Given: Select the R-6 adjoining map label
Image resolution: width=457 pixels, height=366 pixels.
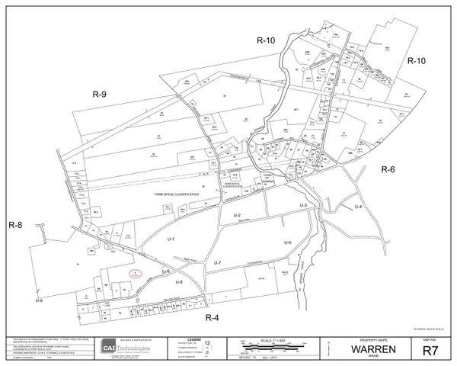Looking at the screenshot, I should click(389, 170).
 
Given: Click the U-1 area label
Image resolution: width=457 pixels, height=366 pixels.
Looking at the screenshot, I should click(171, 239).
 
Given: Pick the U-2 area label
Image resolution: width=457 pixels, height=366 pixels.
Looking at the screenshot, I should click(237, 217).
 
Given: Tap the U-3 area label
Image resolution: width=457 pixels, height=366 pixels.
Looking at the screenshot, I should click(302, 206).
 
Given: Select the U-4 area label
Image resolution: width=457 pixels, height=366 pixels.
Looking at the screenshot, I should click(360, 208).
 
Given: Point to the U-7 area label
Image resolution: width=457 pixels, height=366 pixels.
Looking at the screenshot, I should click(217, 263).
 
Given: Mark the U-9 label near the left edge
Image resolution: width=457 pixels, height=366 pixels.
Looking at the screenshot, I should click(38, 300).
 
